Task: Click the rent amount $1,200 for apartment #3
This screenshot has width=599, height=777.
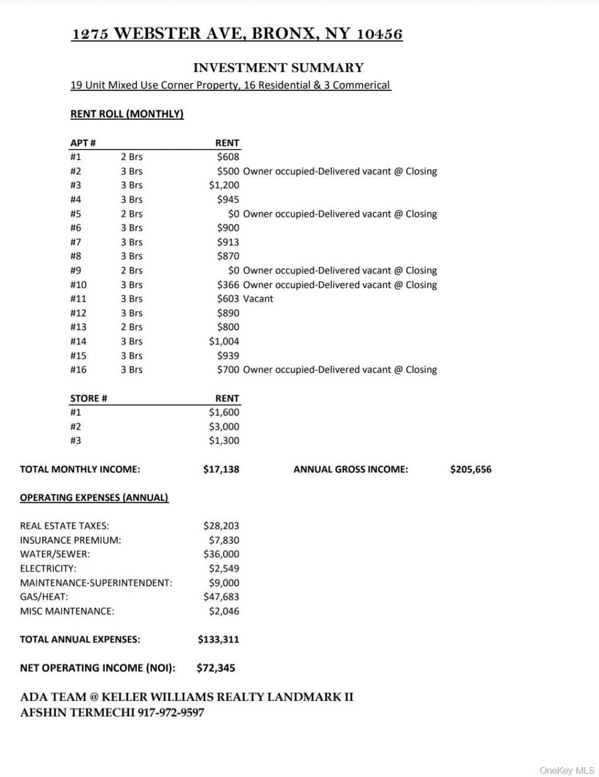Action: (x=224, y=185)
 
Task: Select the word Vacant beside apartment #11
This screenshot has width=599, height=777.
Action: (x=258, y=299)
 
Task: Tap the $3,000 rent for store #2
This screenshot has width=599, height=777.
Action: (x=224, y=427)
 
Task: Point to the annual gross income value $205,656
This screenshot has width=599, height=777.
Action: (x=470, y=469)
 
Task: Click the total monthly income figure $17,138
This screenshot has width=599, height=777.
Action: (x=221, y=469)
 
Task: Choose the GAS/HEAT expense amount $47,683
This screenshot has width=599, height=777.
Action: (x=221, y=597)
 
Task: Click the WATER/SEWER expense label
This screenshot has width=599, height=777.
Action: (x=55, y=554)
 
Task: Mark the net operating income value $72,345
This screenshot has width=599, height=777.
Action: (x=216, y=668)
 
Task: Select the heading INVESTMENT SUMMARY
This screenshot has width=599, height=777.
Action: (x=278, y=68)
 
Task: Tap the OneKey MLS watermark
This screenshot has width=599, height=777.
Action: (x=567, y=770)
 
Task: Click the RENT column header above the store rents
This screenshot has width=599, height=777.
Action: (x=227, y=399)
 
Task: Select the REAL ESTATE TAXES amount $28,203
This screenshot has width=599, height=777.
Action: (x=221, y=526)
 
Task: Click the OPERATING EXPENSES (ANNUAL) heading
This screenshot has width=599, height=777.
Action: (x=94, y=498)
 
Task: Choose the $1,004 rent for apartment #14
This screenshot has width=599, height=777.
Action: (x=224, y=341)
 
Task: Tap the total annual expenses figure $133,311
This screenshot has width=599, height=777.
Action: (x=218, y=640)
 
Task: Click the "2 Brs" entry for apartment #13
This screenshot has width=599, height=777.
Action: (x=132, y=327)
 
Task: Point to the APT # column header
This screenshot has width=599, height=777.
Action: (x=83, y=143)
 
